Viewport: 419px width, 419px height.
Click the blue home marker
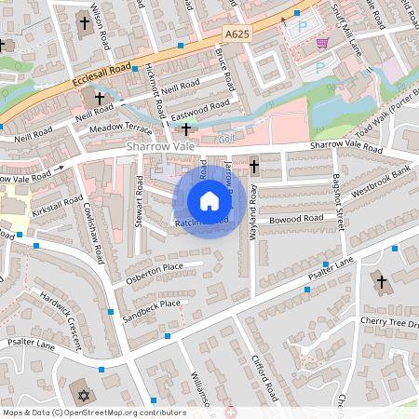(209, 201)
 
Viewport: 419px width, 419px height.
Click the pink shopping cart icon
(322, 43)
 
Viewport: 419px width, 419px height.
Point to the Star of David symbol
(84, 396)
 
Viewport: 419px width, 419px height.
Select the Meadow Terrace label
(119, 127)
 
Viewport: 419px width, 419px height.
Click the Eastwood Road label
(202, 111)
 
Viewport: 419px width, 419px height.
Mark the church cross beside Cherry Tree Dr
(381, 281)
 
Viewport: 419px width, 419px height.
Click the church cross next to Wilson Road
(85, 21)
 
